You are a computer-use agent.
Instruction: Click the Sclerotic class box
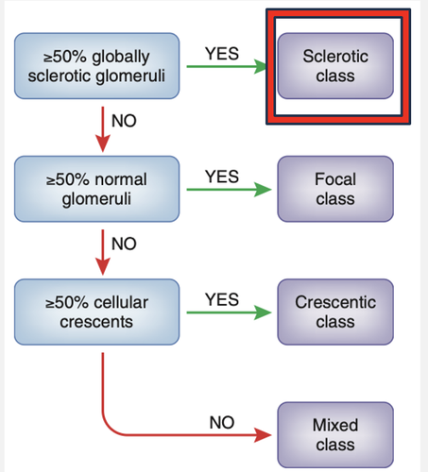click(335, 66)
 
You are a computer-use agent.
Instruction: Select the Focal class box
click(335, 189)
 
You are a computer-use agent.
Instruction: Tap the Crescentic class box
click(335, 312)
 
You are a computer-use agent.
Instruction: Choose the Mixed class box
click(335, 435)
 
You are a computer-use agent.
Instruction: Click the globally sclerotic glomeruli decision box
click(97, 66)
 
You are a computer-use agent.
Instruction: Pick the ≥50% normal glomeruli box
click(97, 189)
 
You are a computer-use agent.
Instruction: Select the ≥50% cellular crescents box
click(97, 312)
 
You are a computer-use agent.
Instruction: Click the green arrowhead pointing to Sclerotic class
click(261, 66)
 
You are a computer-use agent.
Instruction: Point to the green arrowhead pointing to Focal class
click(263, 190)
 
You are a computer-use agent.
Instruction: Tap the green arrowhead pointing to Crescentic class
click(263, 312)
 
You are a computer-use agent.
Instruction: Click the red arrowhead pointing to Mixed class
click(263, 435)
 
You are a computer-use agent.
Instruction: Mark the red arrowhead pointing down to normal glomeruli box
click(103, 143)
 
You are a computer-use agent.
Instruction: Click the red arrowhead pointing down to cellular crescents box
click(103, 267)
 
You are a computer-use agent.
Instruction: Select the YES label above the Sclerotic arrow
click(222, 54)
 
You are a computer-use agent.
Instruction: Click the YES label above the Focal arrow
click(222, 177)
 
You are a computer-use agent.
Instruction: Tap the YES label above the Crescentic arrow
click(222, 299)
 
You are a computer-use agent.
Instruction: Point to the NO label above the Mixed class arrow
click(222, 422)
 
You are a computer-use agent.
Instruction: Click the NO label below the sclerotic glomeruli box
click(124, 121)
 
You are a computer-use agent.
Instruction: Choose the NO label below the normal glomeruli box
click(124, 244)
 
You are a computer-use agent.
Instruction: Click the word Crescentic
click(335, 302)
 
